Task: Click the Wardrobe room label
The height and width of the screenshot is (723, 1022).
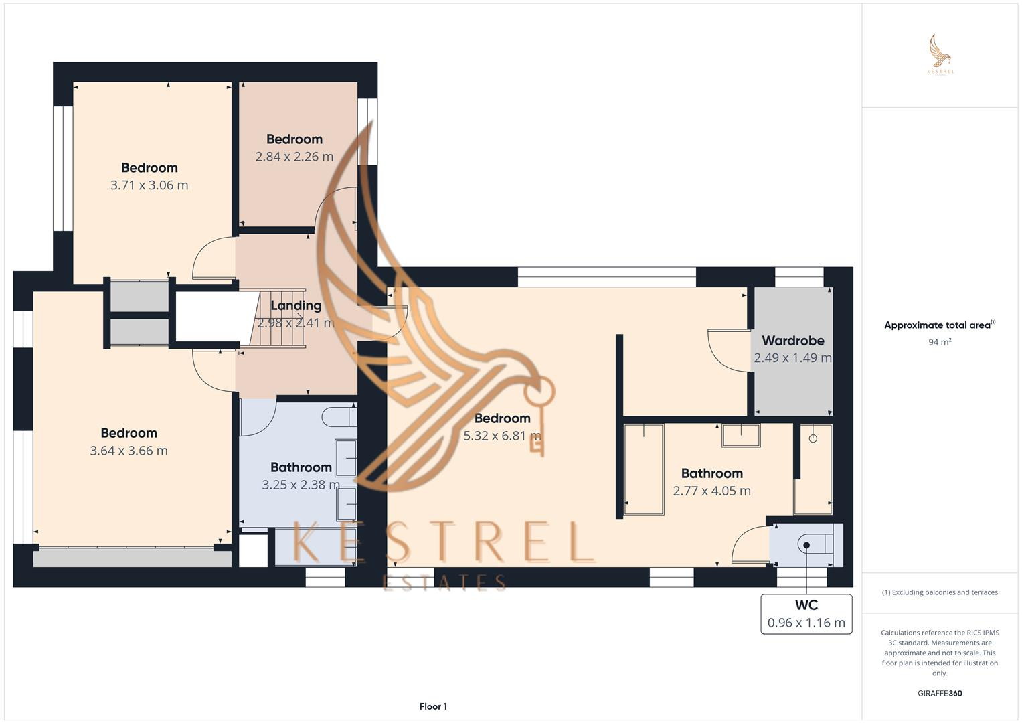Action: click(x=792, y=341)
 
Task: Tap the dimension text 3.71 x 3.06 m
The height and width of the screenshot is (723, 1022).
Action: click(x=149, y=185)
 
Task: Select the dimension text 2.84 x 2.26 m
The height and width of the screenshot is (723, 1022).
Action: click(x=294, y=157)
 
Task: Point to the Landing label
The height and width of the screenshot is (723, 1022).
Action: click(x=296, y=305)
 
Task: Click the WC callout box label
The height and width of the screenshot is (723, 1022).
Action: click(x=806, y=605)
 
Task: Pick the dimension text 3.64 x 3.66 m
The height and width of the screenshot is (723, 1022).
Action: click(x=129, y=451)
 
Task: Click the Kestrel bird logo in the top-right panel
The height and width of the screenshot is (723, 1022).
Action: click(x=940, y=54)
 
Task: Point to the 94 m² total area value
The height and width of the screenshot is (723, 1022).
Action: click(x=940, y=342)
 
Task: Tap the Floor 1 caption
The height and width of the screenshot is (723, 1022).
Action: click(x=433, y=706)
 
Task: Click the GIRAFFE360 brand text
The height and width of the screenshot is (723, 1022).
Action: click(x=940, y=693)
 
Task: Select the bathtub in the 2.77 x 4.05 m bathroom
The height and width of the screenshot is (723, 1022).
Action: click(x=644, y=469)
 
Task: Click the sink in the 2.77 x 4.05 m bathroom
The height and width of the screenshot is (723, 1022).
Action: click(x=741, y=435)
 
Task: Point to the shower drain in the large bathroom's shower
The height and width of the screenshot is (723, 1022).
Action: click(x=813, y=438)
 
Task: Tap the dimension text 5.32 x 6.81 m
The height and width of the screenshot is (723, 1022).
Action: click(x=502, y=436)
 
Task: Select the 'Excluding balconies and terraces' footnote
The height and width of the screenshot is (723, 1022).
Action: click(x=940, y=592)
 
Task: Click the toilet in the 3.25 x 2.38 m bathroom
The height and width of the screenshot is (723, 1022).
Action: click(x=338, y=416)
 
